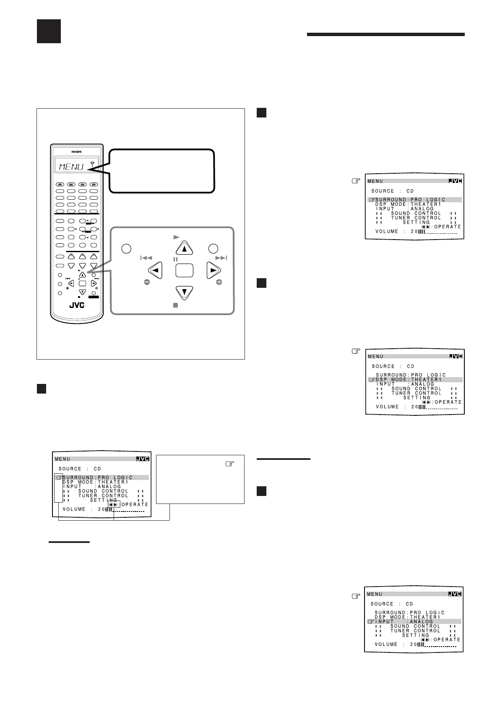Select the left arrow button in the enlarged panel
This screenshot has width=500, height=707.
[x=155, y=271]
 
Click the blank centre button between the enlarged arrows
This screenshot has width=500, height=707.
[x=184, y=270]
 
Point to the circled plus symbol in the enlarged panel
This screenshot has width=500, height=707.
[x=219, y=283]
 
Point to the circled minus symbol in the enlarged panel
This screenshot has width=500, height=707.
[x=147, y=283]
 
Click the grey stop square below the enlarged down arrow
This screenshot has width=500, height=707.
[x=176, y=305]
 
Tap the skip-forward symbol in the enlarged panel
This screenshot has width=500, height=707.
[x=221, y=258]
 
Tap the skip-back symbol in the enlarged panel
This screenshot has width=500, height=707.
[x=146, y=258]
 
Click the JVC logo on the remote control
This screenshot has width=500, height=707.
[x=76, y=305]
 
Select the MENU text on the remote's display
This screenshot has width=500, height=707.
[x=71, y=167]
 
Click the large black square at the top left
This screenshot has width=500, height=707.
[x=49, y=31]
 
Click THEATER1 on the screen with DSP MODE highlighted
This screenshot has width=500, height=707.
[x=426, y=380]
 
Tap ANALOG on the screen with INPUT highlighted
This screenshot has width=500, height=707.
[x=421, y=621]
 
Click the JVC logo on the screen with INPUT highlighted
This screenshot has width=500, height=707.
[x=455, y=594]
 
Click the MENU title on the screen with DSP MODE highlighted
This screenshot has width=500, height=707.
[x=376, y=357]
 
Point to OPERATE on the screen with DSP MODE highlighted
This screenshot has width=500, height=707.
[x=448, y=402]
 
